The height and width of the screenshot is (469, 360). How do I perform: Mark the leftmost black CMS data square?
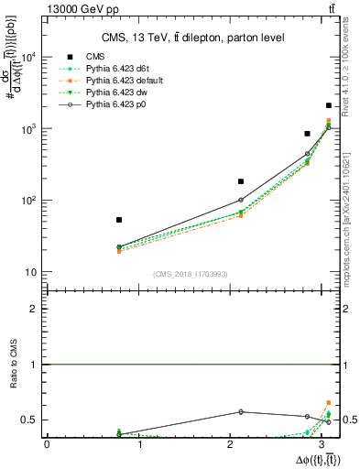(x=119, y=220)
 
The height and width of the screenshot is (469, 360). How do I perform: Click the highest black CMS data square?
(x=330, y=106)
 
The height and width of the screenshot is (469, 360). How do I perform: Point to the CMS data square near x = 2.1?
(x=241, y=181)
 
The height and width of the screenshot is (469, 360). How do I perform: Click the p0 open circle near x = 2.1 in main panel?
(x=241, y=200)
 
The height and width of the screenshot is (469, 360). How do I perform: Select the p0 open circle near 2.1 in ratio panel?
(x=241, y=411)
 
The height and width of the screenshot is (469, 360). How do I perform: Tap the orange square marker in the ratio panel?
(x=329, y=402)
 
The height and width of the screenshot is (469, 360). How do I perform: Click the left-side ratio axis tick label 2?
(x=34, y=310)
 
